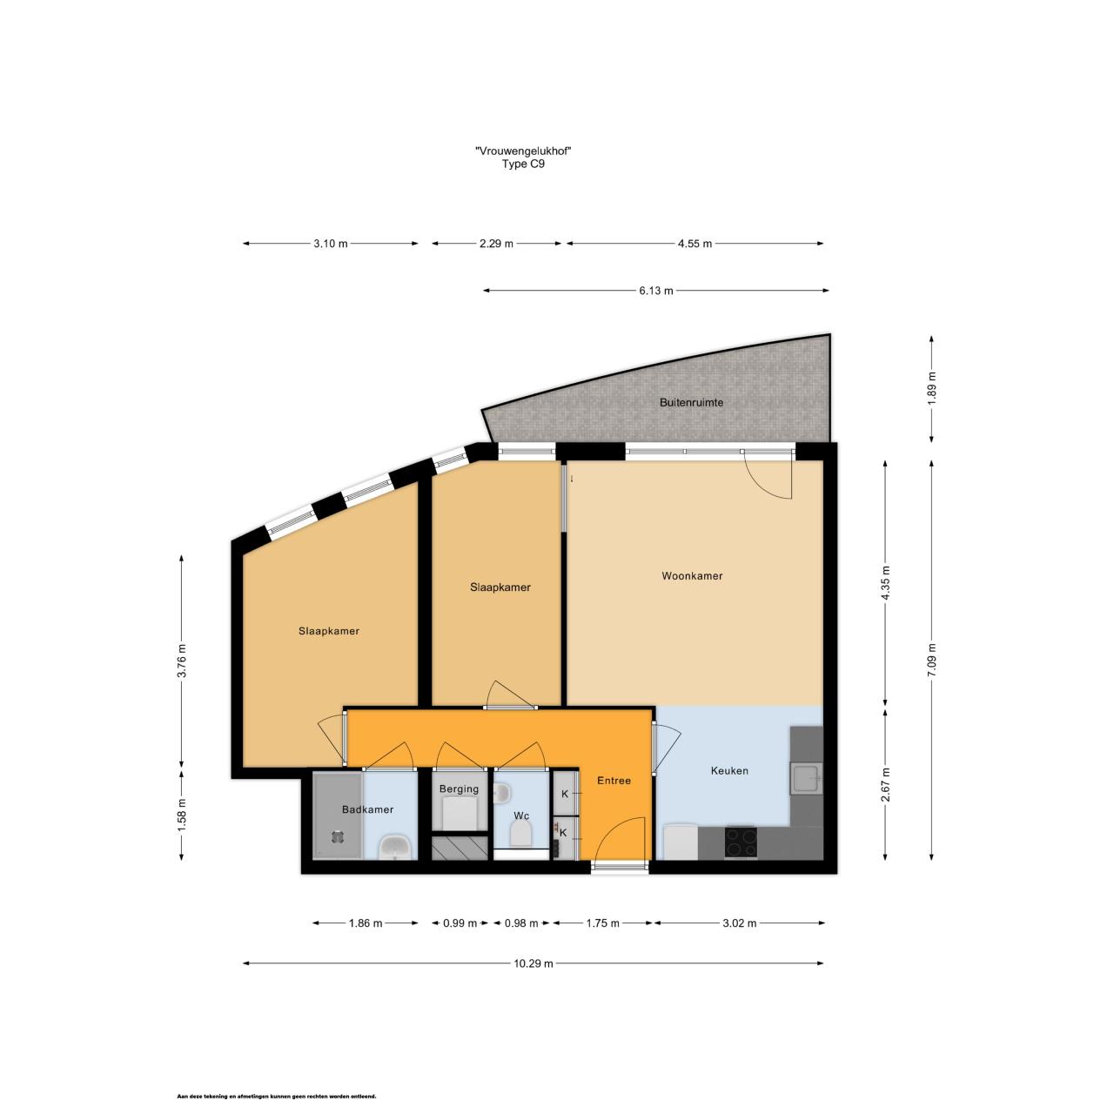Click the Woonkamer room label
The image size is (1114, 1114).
[691, 576]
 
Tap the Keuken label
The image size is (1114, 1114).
[729, 770]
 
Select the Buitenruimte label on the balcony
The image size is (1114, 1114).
[691, 403]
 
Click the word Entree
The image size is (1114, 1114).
[614, 781]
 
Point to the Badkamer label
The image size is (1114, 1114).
[367, 809]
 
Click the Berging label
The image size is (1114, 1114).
[459, 789]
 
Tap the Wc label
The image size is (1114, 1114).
[520, 815]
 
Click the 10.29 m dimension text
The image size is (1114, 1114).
[533, 963]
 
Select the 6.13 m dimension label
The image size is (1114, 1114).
[655, 291]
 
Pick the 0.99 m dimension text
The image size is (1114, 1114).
[460, 923]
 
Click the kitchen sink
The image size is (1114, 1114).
[805, 778]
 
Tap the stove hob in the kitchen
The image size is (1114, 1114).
[741, 842]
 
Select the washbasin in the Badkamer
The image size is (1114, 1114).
[394, 847]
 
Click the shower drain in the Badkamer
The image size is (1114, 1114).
[337, 836]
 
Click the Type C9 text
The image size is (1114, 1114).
[523, 164]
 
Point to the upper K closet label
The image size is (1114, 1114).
[565, 794]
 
